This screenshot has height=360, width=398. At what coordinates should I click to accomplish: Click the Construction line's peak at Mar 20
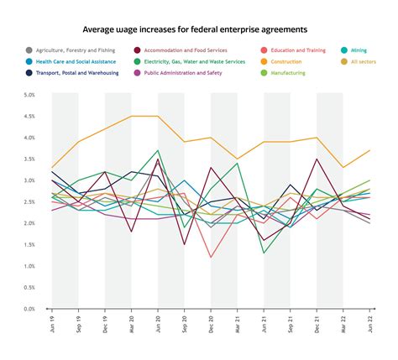tap(131, 116)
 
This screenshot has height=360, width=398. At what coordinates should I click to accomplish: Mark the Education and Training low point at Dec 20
tap(211, 257)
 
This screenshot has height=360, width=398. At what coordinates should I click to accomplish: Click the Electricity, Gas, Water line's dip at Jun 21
tap(264, 253)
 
